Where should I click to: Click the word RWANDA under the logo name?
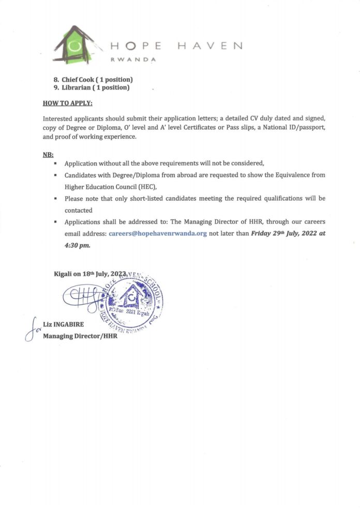coord(133,59)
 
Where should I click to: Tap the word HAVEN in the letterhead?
coord(209,46)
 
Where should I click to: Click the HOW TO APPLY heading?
coord(67,103)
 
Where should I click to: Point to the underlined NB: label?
coord(48,154)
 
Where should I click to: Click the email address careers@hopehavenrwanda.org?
coord(158,233)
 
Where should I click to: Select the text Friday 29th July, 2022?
coord(282,233)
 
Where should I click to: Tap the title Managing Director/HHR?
coord(80,336)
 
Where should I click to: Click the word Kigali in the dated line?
coord(64,274)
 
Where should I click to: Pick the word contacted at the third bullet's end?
coord(78,211)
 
